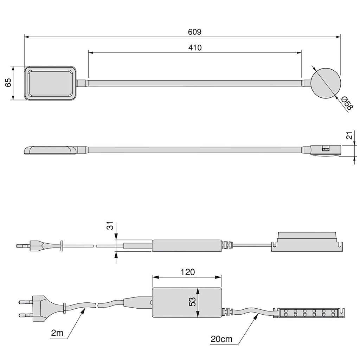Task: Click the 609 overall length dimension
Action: pyautogui.click(x=194, y=32)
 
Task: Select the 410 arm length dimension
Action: pyautogui.click(x=195, y=47)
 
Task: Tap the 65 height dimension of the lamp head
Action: pyautogui.click(x=8, y=83)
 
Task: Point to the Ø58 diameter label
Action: pyautogui.click(x=347, y=103)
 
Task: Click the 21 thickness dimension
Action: pyautogui.click(x=349, y=136)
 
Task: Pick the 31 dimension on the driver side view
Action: pyautogui.click(x=110, y=226)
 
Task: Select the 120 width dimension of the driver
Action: pyautogui.click(x=188, y=272)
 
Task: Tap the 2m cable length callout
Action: pyautogui.click(x=57, y=333)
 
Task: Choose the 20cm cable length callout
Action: pyautogui.click(x=221, y=339)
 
